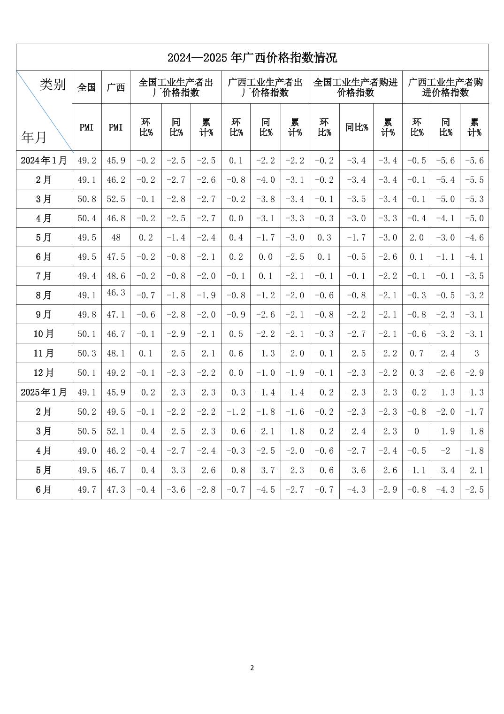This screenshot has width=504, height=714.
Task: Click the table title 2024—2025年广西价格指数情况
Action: [252, 58]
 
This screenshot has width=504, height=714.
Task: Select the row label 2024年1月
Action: [44, 161]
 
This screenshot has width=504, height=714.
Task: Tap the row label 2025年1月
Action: [44, 392]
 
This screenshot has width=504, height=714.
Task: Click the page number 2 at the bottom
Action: [252, 668]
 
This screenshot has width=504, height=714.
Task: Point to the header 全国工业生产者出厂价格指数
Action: [176, 87]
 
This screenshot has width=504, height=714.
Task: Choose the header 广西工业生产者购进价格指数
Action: [445, 87]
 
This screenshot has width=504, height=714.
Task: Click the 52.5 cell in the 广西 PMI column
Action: [116, 199]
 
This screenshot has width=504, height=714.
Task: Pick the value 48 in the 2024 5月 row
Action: [116, 238]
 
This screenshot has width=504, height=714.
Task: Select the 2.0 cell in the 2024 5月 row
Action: [416, 238]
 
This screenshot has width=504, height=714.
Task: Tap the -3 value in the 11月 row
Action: [474, 353]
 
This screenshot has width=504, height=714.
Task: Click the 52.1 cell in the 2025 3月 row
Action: [116, 431]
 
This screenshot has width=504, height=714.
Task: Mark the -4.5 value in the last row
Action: [266, 489]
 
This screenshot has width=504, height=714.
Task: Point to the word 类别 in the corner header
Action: [53, 85]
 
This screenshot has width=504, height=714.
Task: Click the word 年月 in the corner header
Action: [34, 137]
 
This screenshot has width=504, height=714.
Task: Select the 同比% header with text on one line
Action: [357, 127]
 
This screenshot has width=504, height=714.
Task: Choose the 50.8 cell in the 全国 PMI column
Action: [87, 199]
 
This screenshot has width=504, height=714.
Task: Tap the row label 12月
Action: [44, 373]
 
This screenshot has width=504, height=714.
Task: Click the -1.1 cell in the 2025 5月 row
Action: [416, 470]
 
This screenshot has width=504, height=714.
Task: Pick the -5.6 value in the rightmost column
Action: [474, 161]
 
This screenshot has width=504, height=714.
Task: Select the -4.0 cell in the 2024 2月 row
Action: [266, 180]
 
